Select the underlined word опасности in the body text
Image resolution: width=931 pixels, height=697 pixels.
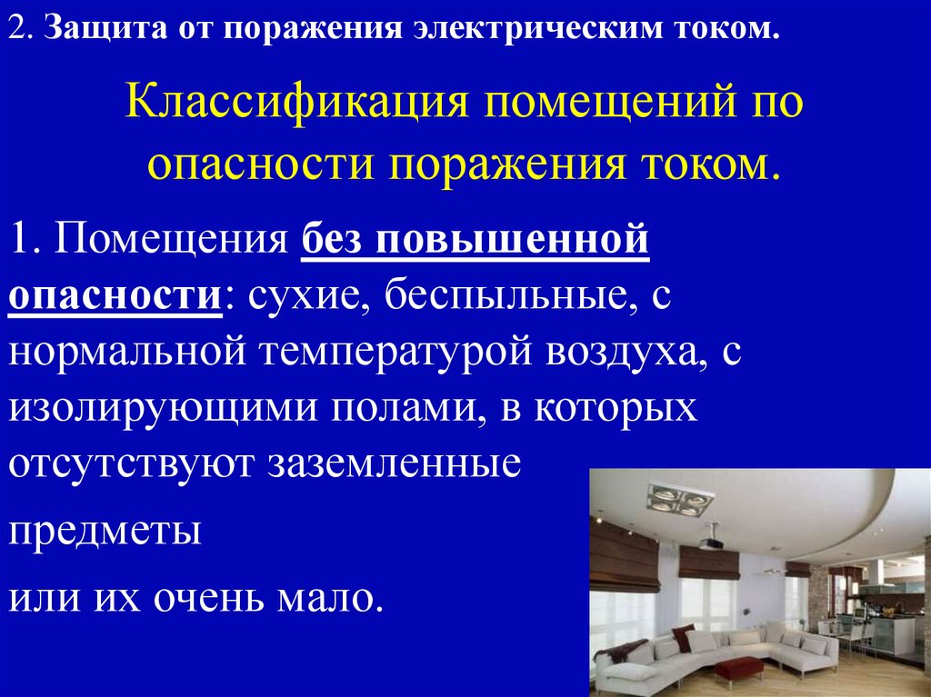click(x=115, y=297)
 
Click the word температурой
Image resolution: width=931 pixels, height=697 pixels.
click(x=394, y=352)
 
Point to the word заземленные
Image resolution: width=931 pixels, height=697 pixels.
click(x=392, y=463)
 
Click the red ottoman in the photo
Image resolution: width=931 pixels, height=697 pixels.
click(x=738, y=668)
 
